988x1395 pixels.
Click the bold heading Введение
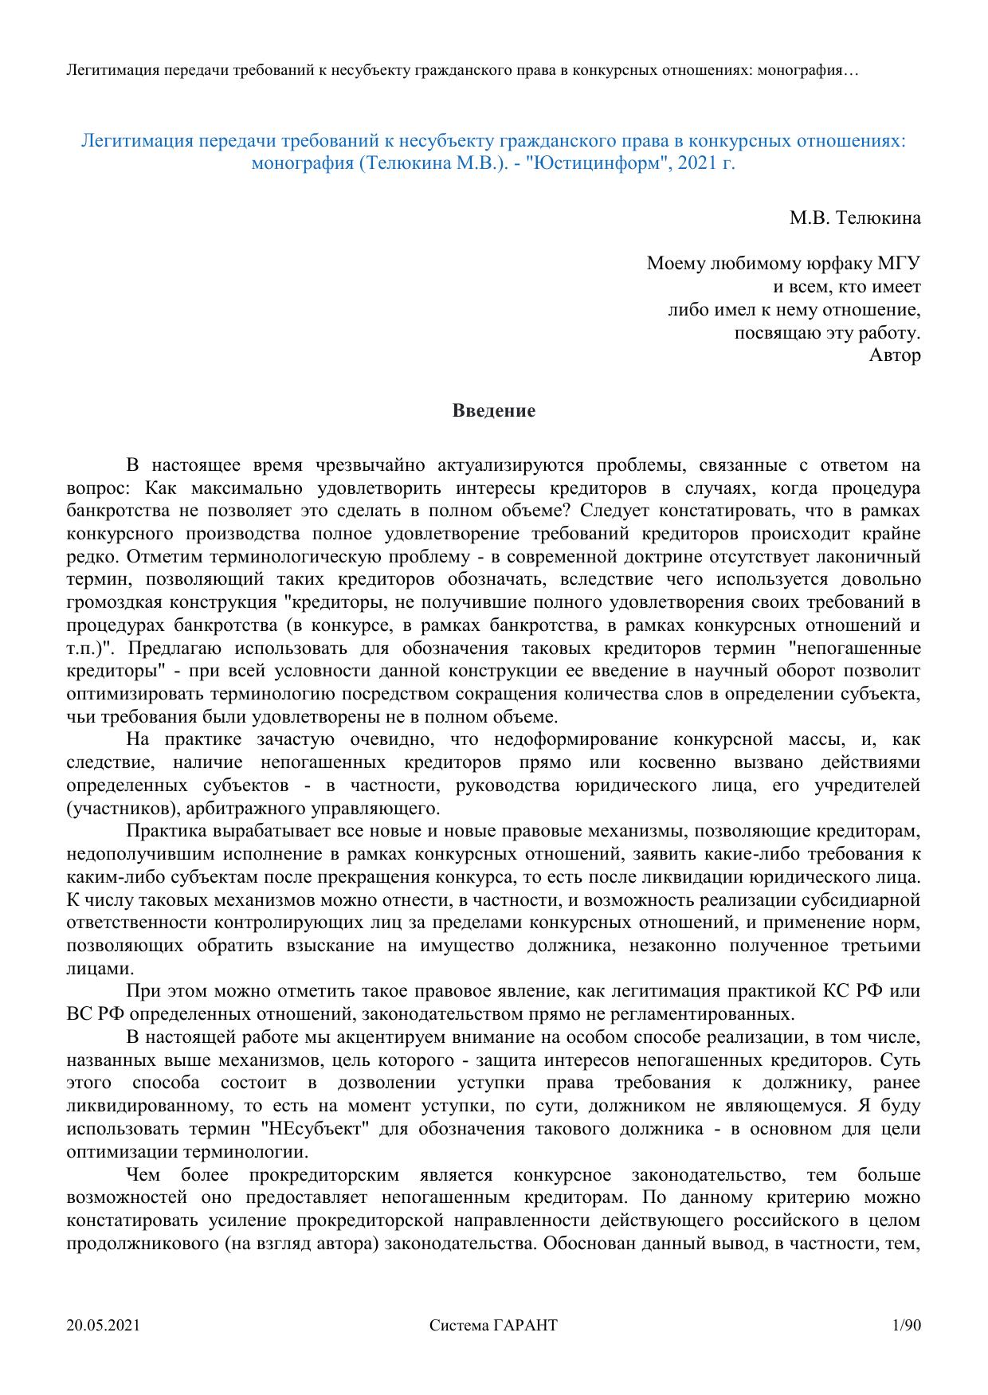point(494,411)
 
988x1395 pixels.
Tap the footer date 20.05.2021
point(104,1326)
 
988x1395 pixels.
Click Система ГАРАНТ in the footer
point(493,1326)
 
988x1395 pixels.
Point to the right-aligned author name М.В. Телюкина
point(855,217)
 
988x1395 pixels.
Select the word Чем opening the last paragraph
point(144,1175)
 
